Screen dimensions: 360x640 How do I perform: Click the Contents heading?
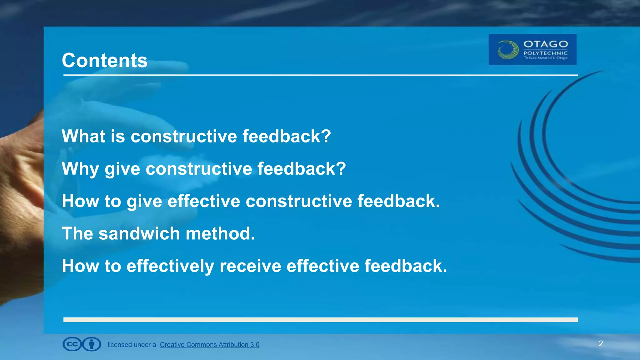[x=104, y=60]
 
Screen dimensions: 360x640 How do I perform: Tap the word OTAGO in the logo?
[x=545, y=44]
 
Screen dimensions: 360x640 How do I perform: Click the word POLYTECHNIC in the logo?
[x=545, y=53]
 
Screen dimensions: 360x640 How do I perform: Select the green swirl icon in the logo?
[x=508, y=50]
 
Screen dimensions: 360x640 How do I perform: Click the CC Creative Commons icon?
[x=72, y=344]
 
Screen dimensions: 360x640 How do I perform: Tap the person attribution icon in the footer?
[x=92, y=344]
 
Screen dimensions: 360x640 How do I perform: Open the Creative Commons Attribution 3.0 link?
[x=209, y=345]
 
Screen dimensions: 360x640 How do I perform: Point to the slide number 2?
[x=601, y=344]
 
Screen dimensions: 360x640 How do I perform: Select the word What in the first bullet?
[x=83, y=136]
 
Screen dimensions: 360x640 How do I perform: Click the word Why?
[x=80, y=169]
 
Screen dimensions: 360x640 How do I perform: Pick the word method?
[x=220, y=233]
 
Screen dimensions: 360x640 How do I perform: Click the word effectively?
[x=170, y=266]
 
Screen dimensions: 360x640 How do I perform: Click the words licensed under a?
[x=132, y=345]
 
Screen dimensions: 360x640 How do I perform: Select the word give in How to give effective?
[x=144, y=201]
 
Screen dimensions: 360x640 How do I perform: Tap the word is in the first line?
[x=117, y=136]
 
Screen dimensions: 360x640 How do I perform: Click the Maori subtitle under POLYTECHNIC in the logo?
[x=545, y=58]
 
